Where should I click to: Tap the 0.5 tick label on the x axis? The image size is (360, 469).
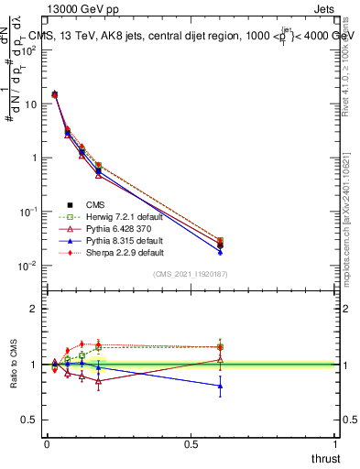tap(191, 444)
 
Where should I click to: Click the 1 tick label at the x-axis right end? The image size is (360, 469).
tap(336, 444)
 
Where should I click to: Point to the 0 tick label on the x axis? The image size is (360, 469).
tap(47, 444)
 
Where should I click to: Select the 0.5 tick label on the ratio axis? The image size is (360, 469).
tap(29, 420)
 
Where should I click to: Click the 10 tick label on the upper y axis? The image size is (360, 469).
tap(30, 104)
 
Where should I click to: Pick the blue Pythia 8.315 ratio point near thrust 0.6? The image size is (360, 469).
tap(220, 386)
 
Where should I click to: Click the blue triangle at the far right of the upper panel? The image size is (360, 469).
tap(220, 250)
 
